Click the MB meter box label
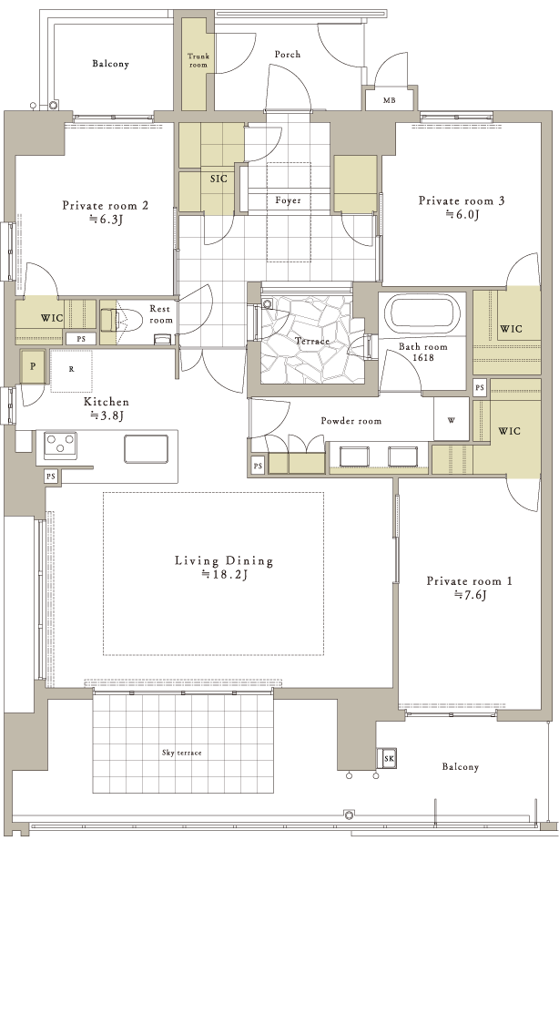[389, 100]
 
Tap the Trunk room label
[198, 61]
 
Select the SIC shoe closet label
[219, 179]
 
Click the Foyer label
[288, 200]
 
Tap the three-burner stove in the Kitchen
[60, 446]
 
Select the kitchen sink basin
[147, 448]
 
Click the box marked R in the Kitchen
[71, 371]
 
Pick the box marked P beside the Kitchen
[33, 366]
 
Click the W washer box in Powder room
[451, 419]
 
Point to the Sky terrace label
[182, 753]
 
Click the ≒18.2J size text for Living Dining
[225, 574]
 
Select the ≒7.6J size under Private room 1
[470, 595]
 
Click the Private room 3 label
[462, 200]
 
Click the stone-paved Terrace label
[312, 341]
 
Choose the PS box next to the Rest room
[81, 339]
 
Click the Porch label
[288, 55]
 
